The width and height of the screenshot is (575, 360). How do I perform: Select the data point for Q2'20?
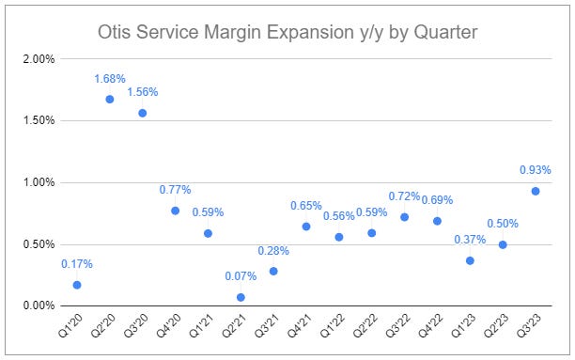click(x=110, y=99)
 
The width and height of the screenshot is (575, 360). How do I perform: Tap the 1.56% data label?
click(x=143, y=92)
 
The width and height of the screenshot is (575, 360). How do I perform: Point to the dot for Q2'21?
click(x=241, y=297)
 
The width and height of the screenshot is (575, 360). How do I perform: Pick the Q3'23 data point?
click(x=536, y=191)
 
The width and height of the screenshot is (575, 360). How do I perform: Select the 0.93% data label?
click(x=536, y=170)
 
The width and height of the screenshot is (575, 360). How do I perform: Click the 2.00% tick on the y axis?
click(x=38, y=59)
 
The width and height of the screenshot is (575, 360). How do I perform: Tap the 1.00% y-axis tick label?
click(x=38, y=182)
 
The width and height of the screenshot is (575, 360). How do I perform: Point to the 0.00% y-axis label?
click(x=38, y=305)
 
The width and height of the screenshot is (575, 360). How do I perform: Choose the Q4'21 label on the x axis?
click(x=297, y=329)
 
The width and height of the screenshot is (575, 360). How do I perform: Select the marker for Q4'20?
click(x=176, y=211)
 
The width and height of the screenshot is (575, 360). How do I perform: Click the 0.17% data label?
click(x=77, y=264)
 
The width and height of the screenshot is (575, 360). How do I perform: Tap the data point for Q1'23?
click(x=470, y=260)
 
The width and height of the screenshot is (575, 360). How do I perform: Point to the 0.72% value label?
click(x=404, y=196)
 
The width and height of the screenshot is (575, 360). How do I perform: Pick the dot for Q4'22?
click(x=437, y=221)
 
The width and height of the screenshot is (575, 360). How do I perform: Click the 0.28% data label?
click(x=273, y=251)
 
